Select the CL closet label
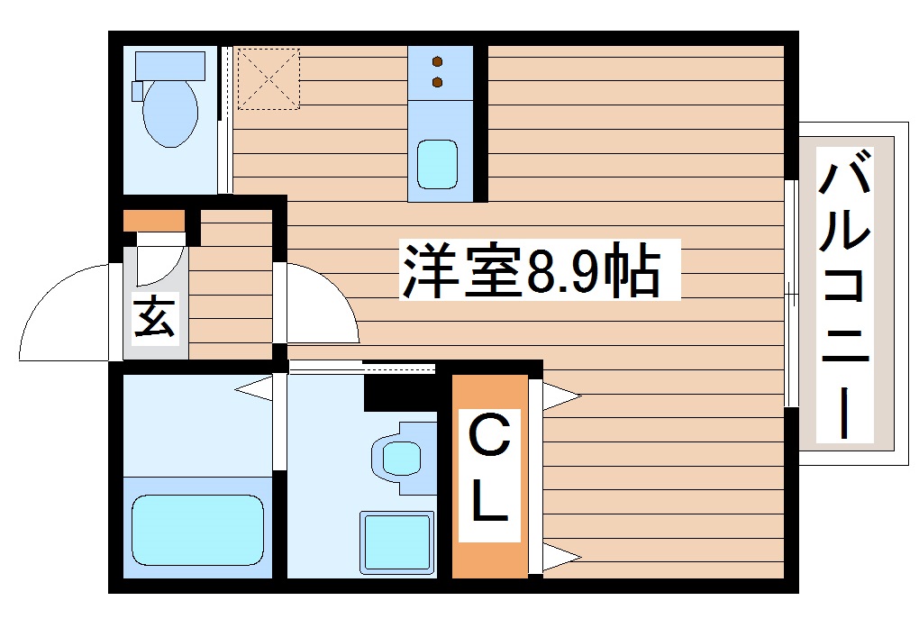(x=489, y=474)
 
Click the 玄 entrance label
(x=154, y=316)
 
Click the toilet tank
(x=168, y=66)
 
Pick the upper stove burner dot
(x=438, y=62)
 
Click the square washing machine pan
(x=396, y=541)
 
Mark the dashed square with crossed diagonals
(x=268, y=78)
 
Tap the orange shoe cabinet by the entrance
(x=153, y=220)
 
